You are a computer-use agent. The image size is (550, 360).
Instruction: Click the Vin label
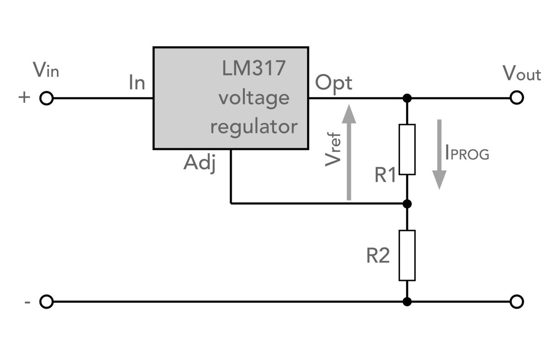pyautogui.click(x=46, y=71)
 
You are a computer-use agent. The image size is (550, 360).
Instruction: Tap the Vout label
pyautogui.click(x=522, y=74)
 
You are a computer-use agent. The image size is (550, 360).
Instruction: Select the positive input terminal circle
pyautogui.click(x=46, y=98)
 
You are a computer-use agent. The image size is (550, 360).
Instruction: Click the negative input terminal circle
pyautogui.click(x=46, y=302)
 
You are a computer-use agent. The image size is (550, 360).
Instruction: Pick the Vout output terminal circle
pyautogui.click(x=517, y=98)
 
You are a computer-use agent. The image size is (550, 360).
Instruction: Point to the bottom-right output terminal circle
pyautogui.click(x=517, y=302)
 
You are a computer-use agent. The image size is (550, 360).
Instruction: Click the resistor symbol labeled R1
pyautogui.click(x=407, y=149)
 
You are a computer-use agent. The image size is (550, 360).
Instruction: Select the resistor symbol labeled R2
pyautogui.click(x=407, y=255)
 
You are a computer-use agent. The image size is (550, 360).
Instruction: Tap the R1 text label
pyautogui.click(x=385, y=176)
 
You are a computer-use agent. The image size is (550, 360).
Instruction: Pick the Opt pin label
pyautogui.click(x=333, y=83)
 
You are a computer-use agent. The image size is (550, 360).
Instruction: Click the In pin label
pyautogui.click(x=137, y=83)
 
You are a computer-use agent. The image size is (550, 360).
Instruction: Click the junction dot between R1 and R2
pyautogui.click(x=407, y=203)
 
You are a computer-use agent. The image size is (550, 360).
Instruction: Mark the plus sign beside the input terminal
pyautogui.click(x=25, y=98)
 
